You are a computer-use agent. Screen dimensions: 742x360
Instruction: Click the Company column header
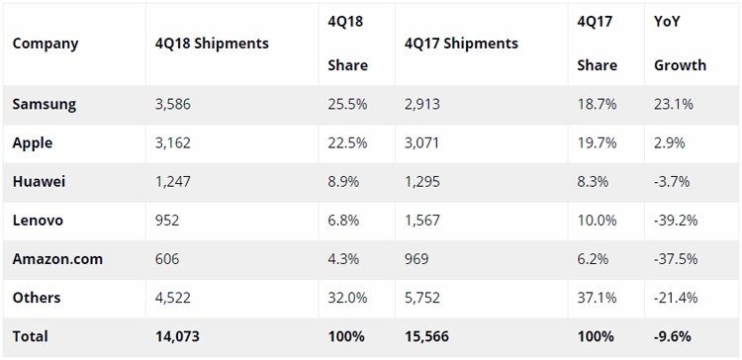[x=45, y=44]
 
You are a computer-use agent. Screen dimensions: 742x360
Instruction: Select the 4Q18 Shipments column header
[x=212, y=44]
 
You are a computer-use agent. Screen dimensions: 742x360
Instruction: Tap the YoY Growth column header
[x=680, y=44]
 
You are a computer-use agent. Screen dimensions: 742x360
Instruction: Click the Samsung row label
[x=44, y=105]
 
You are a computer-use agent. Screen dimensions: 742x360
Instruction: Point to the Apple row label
[x=33, y=143]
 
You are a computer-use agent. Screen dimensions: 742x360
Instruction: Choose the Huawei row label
[x=39, y=182]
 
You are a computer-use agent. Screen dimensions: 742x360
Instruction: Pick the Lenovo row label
[x=38, y=221]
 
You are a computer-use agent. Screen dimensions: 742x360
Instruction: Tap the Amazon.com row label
[x=57, y=259]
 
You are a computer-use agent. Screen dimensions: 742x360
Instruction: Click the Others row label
[x=37, y=298]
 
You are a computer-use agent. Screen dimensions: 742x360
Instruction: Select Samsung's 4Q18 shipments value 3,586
[x=173, y=105]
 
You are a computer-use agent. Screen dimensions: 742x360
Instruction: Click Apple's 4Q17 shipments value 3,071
[x=422, y=143]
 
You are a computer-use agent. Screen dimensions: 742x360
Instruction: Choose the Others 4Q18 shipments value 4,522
[x=173, y=298]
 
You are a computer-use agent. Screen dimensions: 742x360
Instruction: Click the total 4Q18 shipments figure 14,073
[x=177, y=337]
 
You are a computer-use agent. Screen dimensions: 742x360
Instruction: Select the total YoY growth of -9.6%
[x=673, y=337]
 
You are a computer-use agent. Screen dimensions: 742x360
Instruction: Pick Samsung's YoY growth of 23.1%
[x=674, y=105]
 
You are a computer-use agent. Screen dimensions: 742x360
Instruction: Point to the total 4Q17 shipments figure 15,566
[x=426, y=337]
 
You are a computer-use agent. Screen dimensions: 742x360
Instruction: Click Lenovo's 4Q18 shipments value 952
[x=167, y=221]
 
